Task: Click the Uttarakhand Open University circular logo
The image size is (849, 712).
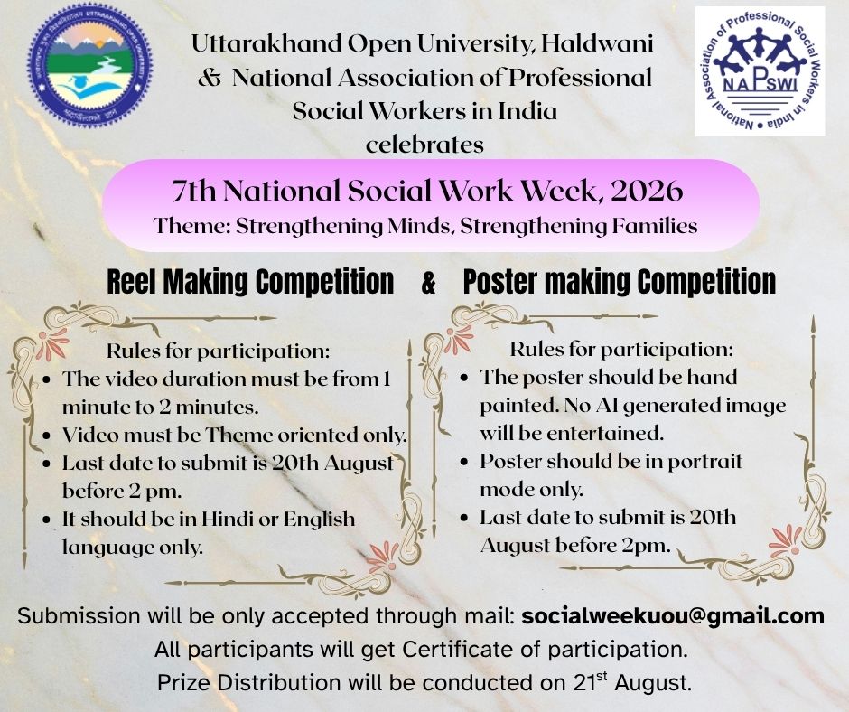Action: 90,65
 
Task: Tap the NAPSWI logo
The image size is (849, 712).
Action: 760,71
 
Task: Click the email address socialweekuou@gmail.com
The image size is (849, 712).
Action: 673,616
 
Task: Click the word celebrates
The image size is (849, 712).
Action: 424,145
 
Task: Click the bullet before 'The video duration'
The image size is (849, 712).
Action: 47,379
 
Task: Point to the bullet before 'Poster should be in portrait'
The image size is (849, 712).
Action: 464,462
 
